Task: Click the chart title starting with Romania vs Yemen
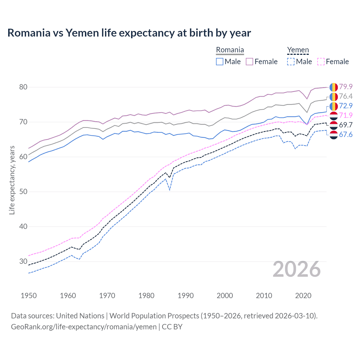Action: (129, 33)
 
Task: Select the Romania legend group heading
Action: (230, 50)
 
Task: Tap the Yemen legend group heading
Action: (298, 50)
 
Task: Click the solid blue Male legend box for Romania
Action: (220, 62)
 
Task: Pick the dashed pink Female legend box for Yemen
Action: (321, 62)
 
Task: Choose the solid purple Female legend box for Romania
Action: (249, 62)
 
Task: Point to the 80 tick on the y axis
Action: (23, 87)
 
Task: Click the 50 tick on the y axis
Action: (23, 192)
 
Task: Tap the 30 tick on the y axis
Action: (23, 261)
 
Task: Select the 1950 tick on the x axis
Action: (29, 296)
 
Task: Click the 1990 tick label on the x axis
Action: (186, 296)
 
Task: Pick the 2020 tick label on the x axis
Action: (303, 296)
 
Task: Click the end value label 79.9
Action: (346, 87)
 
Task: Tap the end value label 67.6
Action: (346, 134)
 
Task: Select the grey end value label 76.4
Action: (346, 96)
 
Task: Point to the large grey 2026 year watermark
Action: (297, 269)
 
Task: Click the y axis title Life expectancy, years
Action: (12, 180)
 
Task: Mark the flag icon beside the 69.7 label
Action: (334, 125)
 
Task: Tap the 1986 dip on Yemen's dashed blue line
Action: (170, 190)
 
